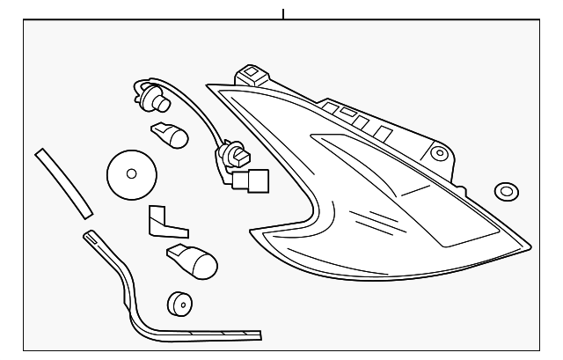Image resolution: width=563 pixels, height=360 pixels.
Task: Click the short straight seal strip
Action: click(63, 182)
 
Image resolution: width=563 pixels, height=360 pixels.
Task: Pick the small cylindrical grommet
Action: click(179, 303)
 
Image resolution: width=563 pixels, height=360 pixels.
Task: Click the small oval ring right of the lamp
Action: click(506, 191)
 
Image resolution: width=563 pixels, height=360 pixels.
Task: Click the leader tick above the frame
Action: click(283, 13)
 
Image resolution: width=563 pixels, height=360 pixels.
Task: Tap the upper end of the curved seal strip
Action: click(89, 236)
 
